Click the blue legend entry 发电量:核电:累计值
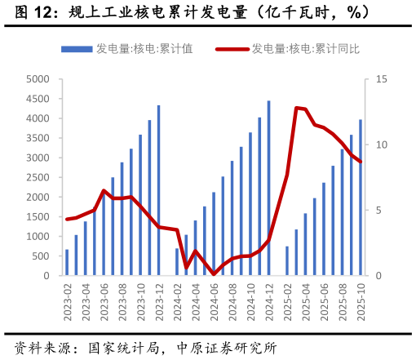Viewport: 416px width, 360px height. click(143, 49)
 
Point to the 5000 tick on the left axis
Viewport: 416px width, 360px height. click(38, 79)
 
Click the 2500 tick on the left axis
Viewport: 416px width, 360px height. click(38, 178)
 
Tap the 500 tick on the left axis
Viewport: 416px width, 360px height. click(41, 256)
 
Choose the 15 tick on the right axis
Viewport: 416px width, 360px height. click(381, 79)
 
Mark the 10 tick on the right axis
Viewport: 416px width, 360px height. click(381, 145)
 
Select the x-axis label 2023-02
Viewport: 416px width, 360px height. click(67, 301)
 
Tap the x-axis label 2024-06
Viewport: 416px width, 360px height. click(214, 301)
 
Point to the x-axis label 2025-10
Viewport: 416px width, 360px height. click(361, 301)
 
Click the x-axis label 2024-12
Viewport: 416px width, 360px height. click(269, 301)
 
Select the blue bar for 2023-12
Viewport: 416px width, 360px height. click(158, 190)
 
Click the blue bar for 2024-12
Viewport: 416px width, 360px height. click(268, 189)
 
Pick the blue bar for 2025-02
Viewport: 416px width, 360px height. click(287, 261)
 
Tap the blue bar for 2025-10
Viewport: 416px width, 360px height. click(361, 198)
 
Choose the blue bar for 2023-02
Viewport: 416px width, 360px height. click(67, 263)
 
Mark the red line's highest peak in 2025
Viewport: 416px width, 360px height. click(296, 108)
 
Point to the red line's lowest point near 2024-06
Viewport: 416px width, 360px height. click(214, 274)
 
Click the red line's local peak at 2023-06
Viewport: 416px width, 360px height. click(104, 190)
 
